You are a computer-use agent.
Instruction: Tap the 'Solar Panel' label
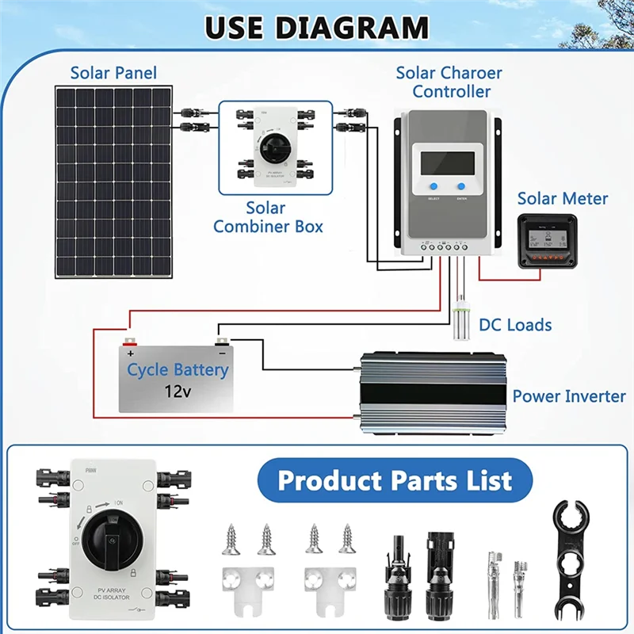113,73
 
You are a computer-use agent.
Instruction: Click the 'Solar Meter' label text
563,198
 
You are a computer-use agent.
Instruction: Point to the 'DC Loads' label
516,325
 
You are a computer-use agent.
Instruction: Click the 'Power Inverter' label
569,396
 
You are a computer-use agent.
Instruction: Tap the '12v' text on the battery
178,391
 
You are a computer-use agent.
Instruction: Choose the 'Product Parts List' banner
394,480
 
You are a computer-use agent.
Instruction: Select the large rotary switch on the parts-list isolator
116,542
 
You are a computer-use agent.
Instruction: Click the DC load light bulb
460,322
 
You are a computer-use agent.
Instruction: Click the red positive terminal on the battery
130,342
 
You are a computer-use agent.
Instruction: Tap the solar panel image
113,181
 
